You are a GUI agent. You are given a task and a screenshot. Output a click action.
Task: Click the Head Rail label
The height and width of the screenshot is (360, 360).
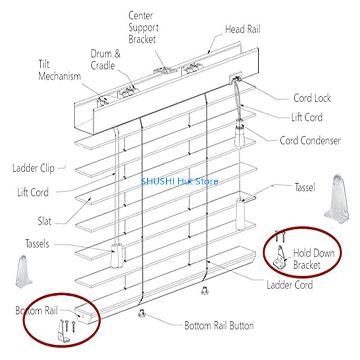242,30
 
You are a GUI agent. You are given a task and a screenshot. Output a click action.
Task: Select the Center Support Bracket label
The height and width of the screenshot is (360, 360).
143,27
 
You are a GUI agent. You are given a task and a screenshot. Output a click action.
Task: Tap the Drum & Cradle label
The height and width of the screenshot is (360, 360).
105,60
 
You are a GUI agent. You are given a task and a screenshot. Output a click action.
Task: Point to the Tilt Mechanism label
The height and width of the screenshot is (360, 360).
59,70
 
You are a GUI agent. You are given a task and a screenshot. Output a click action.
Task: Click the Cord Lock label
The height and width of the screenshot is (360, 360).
312,98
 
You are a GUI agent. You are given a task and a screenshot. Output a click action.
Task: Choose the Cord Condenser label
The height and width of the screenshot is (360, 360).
310,140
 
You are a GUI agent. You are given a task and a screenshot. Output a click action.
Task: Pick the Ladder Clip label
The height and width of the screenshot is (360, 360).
33,168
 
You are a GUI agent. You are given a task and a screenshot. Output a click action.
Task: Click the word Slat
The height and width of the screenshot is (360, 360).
45,221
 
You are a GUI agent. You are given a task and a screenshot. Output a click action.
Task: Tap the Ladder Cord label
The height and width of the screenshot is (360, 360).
289,285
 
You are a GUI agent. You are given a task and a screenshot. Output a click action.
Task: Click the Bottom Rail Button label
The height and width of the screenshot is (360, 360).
219,325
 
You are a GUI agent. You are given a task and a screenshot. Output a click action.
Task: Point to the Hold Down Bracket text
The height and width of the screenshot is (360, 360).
314,259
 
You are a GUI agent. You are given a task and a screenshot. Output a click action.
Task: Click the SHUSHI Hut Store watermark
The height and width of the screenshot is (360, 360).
180,181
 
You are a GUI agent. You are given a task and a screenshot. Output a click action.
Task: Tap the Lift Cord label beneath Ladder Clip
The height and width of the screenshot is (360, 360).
33,193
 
